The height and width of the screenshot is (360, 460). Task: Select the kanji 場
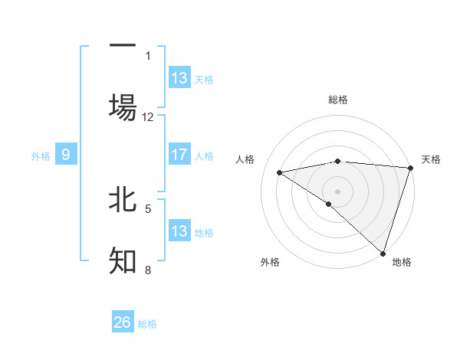[x=123, y=107]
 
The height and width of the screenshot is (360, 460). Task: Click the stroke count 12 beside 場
[x=148, y=117]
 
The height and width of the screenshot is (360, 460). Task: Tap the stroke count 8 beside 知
[x=148, y=270]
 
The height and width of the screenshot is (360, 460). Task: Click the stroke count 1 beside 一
[x=148, y=55]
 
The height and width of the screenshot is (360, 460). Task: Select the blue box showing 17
[x=179, y=155]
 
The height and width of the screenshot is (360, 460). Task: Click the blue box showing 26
[x=123, y=322]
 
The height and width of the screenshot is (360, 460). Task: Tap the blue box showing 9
[x=66, y=155]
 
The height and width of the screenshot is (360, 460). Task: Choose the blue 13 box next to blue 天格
[x=179, y=78]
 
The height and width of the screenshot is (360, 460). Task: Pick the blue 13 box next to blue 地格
[x=179, y=231]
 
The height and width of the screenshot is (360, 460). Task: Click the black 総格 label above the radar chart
[x=338, y=100]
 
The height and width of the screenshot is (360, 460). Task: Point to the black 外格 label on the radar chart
[x=270, y=262]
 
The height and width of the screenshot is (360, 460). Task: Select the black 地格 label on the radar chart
[x=402, y=262]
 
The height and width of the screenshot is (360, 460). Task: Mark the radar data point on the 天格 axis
[x=410, y=167]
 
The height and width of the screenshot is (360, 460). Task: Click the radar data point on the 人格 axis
[x=280, y=172]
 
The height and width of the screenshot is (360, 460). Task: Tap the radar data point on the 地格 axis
[x=383, y=252]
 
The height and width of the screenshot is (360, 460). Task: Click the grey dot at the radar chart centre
[x=337, y=191]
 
